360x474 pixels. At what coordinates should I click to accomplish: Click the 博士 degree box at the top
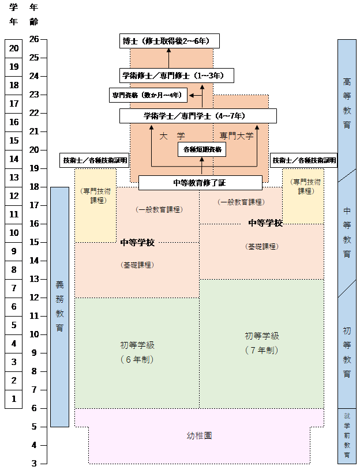click(x=168, y=42)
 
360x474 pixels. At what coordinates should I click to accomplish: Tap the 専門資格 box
click(x=147, y=95)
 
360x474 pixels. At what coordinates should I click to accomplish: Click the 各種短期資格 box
click(x=201, y=149)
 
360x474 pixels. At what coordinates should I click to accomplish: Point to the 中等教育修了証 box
click(x=201, y=183)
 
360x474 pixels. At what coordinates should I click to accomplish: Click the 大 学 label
click(x=171, y=136)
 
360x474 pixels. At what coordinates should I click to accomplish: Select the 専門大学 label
click(x=237, y=136)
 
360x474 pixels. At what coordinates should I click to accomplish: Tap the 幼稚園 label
click(x=200, y=436)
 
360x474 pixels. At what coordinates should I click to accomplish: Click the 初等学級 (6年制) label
click(x=137, y=352)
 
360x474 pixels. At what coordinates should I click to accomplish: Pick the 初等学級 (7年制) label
click(x=261, y=343)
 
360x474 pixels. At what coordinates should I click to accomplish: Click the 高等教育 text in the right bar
click(x=347, y=104)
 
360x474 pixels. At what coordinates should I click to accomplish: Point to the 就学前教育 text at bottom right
click(x=347, y=435)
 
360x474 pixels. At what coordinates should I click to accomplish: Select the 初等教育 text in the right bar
click(x=347, y=352)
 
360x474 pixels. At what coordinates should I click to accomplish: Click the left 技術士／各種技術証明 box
click(x=95, y=160)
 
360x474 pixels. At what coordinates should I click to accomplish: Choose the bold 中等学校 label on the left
click(x=137, y=243)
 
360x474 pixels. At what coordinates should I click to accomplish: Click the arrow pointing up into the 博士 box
click(x=168, y=57)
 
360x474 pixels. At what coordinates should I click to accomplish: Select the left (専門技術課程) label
click(x=95, y=195)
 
